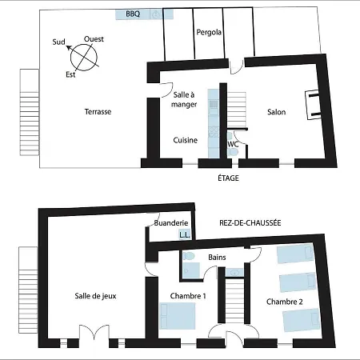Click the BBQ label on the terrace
tap(133, 14)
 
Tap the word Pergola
tap(209, 32)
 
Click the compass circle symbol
tap(84, 58)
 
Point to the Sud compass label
tap(58, 42)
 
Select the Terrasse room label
tap(98, 111)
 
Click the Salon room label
tap(276, 112)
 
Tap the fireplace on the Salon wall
tap(312, 105)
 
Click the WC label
tap(233, 144)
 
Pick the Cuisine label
tap(186, 140)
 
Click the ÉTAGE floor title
tap(228, 178)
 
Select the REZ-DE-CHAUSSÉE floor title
tap(250, 223)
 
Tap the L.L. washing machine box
tap(185, 234)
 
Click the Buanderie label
tap(171, 223)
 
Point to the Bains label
tap(217, 258)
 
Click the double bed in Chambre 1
tap(178, 316)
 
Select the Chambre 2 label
tap(285, 302)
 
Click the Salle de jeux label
tap(95, 296)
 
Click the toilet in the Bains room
tap(189, 256)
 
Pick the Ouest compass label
tap(94, 39)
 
